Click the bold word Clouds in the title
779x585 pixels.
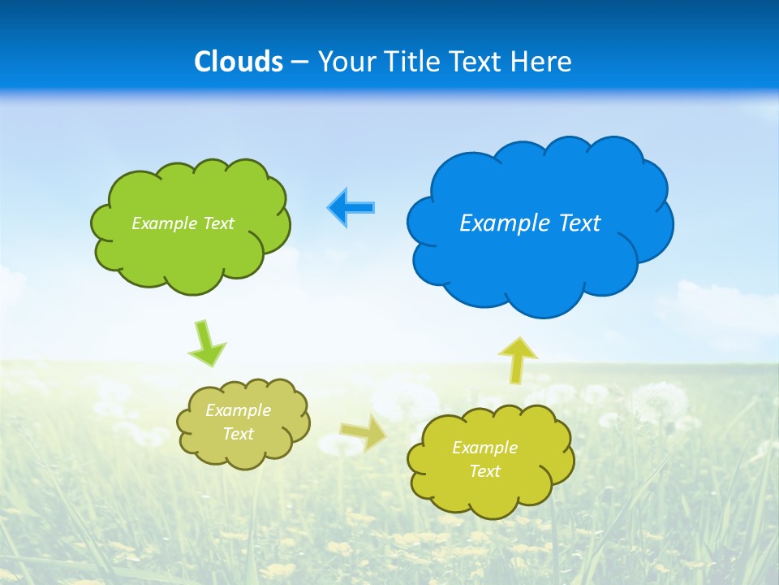click(239, 62)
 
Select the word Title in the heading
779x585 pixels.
click(415, 62)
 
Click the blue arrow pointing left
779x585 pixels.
click(351, 207)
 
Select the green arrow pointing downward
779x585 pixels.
click(206, 344)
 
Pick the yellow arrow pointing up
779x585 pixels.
click(517, 360)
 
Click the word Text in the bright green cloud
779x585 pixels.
click(218, 223)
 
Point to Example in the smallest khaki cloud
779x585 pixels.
click(238, 410)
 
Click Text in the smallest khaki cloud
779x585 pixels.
click(238, 434)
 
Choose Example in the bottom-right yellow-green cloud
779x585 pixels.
click(484, 448)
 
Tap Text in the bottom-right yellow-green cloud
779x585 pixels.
click(484, 471)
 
